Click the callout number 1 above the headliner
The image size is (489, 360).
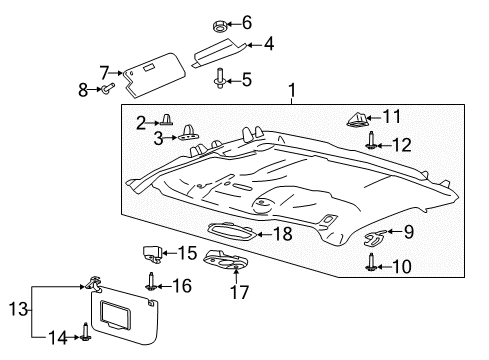(292, 93)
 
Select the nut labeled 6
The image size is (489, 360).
(219, 22)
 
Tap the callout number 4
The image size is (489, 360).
(268, 44)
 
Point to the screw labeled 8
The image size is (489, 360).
(104, 90)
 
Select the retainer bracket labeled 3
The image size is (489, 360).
(188, 138)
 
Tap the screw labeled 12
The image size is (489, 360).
(371, 143)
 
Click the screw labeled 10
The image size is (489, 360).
(371, 263)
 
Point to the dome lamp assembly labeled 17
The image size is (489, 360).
(225, 261)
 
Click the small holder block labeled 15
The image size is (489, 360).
(152, 254)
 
